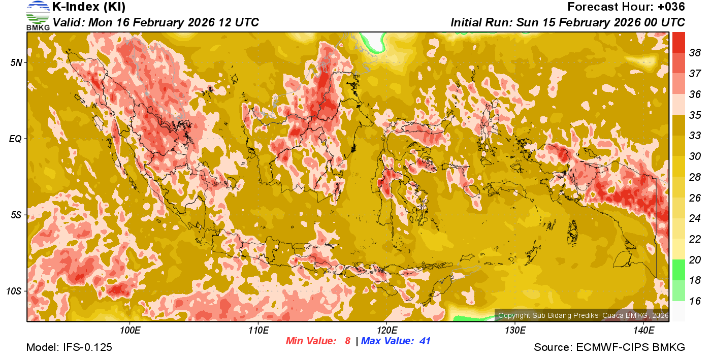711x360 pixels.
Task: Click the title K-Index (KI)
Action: (x=89, y=7)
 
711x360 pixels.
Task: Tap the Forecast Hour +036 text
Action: (x=626, y=7)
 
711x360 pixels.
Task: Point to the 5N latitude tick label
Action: (x=16, y=62)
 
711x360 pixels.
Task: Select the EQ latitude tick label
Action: (x=16, y=139)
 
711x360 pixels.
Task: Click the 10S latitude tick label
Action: (x=14, y=291)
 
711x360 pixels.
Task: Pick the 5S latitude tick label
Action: (x=16, y=215)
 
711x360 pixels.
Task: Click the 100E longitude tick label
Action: (x=130, y=331)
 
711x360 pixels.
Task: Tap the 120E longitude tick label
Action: (x=386, y=331)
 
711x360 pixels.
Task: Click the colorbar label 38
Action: (x=695, y=53)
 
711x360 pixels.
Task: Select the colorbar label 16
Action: (x=695, y=301)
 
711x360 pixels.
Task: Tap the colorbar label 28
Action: (x=695, y=177)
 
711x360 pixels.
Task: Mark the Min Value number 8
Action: (x=347, y=341)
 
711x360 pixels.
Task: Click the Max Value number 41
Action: (x=425, y=341)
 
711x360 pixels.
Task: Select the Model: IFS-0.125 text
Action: (x=69, y=348)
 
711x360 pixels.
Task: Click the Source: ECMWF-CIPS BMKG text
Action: (x=609, y=348)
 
